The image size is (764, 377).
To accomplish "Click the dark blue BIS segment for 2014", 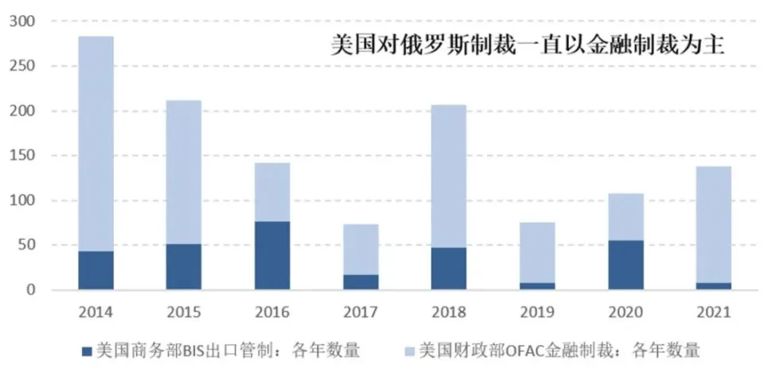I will (96, 270).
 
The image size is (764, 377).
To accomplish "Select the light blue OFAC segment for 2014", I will (96, 143).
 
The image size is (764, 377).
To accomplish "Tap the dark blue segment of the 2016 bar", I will (272, 255).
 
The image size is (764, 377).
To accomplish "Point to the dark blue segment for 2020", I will (626, 264).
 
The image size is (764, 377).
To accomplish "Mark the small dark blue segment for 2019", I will (537, 286).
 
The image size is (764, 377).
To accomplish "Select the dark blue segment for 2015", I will (184, 266).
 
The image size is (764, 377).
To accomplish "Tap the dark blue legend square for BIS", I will (87, 349).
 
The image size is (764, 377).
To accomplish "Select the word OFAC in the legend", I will (520, 349).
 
